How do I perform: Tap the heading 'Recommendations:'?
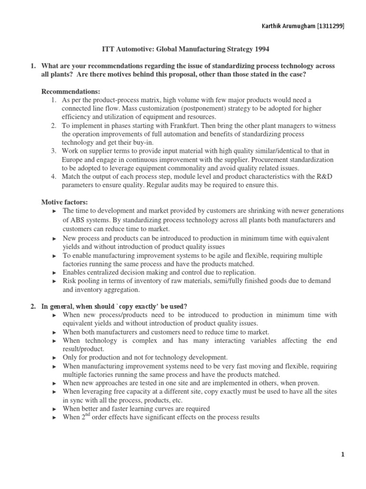(67, 91)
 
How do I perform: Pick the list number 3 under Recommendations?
(53, 151)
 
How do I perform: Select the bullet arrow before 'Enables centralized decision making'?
(54, 273)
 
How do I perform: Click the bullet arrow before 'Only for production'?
(54, 358)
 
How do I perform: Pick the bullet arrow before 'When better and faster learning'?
(54, 409)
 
